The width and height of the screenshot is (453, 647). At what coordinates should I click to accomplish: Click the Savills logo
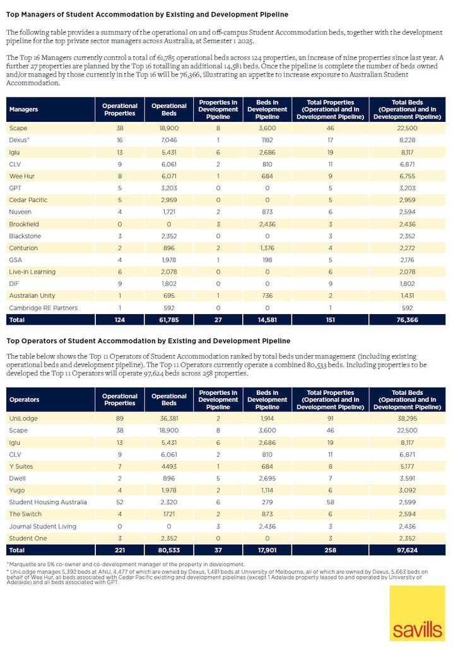pyautogui.click(x=417, y=613)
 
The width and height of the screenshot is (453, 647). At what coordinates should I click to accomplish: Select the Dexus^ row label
pyautogui.click(x=20, y=140)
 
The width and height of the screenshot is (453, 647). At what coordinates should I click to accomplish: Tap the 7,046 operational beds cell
pyautogui.click(x=169, y=140)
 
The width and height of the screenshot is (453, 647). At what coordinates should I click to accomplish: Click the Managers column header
pyautogui.click(x=23, y=109)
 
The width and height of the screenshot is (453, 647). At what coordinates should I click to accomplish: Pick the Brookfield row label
pyautogui.click(x=24, y=224)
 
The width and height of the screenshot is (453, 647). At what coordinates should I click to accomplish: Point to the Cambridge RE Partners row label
pyautogui.click(x=44, y=308)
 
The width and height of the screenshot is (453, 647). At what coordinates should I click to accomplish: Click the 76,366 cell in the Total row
pyautogui.click(x=407, y=320)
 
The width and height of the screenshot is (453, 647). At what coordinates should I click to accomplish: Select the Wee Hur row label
pyautogui.click(x=22, y=176)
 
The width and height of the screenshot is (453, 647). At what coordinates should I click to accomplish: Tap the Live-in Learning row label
pyautogui.click(x=32, y=272)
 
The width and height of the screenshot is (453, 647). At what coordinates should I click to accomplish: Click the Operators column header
pyautogui.click(x=25, y=399)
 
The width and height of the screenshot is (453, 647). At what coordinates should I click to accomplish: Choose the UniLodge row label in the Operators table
pyautogui.click(x=23, y=418)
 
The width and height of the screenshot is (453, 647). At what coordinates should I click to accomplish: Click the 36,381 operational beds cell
pyautogui.click(x=169, y=418)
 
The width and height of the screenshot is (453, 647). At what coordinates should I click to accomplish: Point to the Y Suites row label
pyautogui.click(x=21, y=466)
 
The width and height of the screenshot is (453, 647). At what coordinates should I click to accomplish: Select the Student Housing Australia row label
pyautogui.click(x=48, y=502)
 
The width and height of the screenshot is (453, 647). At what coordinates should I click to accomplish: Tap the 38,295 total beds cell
pyautogui.click(x=407, y=418)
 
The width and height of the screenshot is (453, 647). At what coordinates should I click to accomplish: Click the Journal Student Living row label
pyautogui.click(x=42, y=526)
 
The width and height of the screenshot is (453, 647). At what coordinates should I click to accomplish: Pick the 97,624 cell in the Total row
pyautogui.click(x=407, y=550)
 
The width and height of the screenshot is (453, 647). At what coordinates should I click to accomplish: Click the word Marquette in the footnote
pyautogui.click(x=20, y=564)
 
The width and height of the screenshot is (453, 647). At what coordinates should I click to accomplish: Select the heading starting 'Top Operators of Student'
pyautogui.click(x=148, y=341)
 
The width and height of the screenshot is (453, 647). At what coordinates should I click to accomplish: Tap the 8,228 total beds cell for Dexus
pyautogui.click(x=407, y=140)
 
